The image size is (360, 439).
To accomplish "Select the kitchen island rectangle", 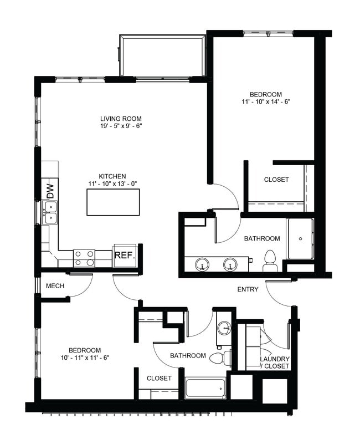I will tap(113, 202).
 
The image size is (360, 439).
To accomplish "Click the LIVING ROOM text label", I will tap(121, 119).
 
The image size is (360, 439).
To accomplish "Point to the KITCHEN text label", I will tap(112, 176).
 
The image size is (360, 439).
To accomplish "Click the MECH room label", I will tap(55, 286).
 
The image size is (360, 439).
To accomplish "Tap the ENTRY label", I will tap(248, 289).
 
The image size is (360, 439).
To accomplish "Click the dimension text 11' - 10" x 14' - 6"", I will tap(266, 102).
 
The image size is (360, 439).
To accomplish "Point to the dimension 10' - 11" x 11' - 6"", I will tap(85, 358).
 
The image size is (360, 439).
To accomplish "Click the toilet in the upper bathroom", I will tap(270, 261).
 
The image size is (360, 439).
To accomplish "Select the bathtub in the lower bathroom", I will tap(205, 387).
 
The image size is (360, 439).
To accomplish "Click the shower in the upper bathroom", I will tap(300, 239).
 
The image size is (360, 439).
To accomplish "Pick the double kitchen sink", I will tap(50, 212).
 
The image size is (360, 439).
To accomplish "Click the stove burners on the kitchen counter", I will tap(84, 258).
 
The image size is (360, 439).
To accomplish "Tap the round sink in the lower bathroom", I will tap(224, 327).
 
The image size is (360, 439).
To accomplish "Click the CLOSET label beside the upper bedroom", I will tap(276, 180).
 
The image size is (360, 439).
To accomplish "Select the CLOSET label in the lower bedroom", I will tap(159, 378).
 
